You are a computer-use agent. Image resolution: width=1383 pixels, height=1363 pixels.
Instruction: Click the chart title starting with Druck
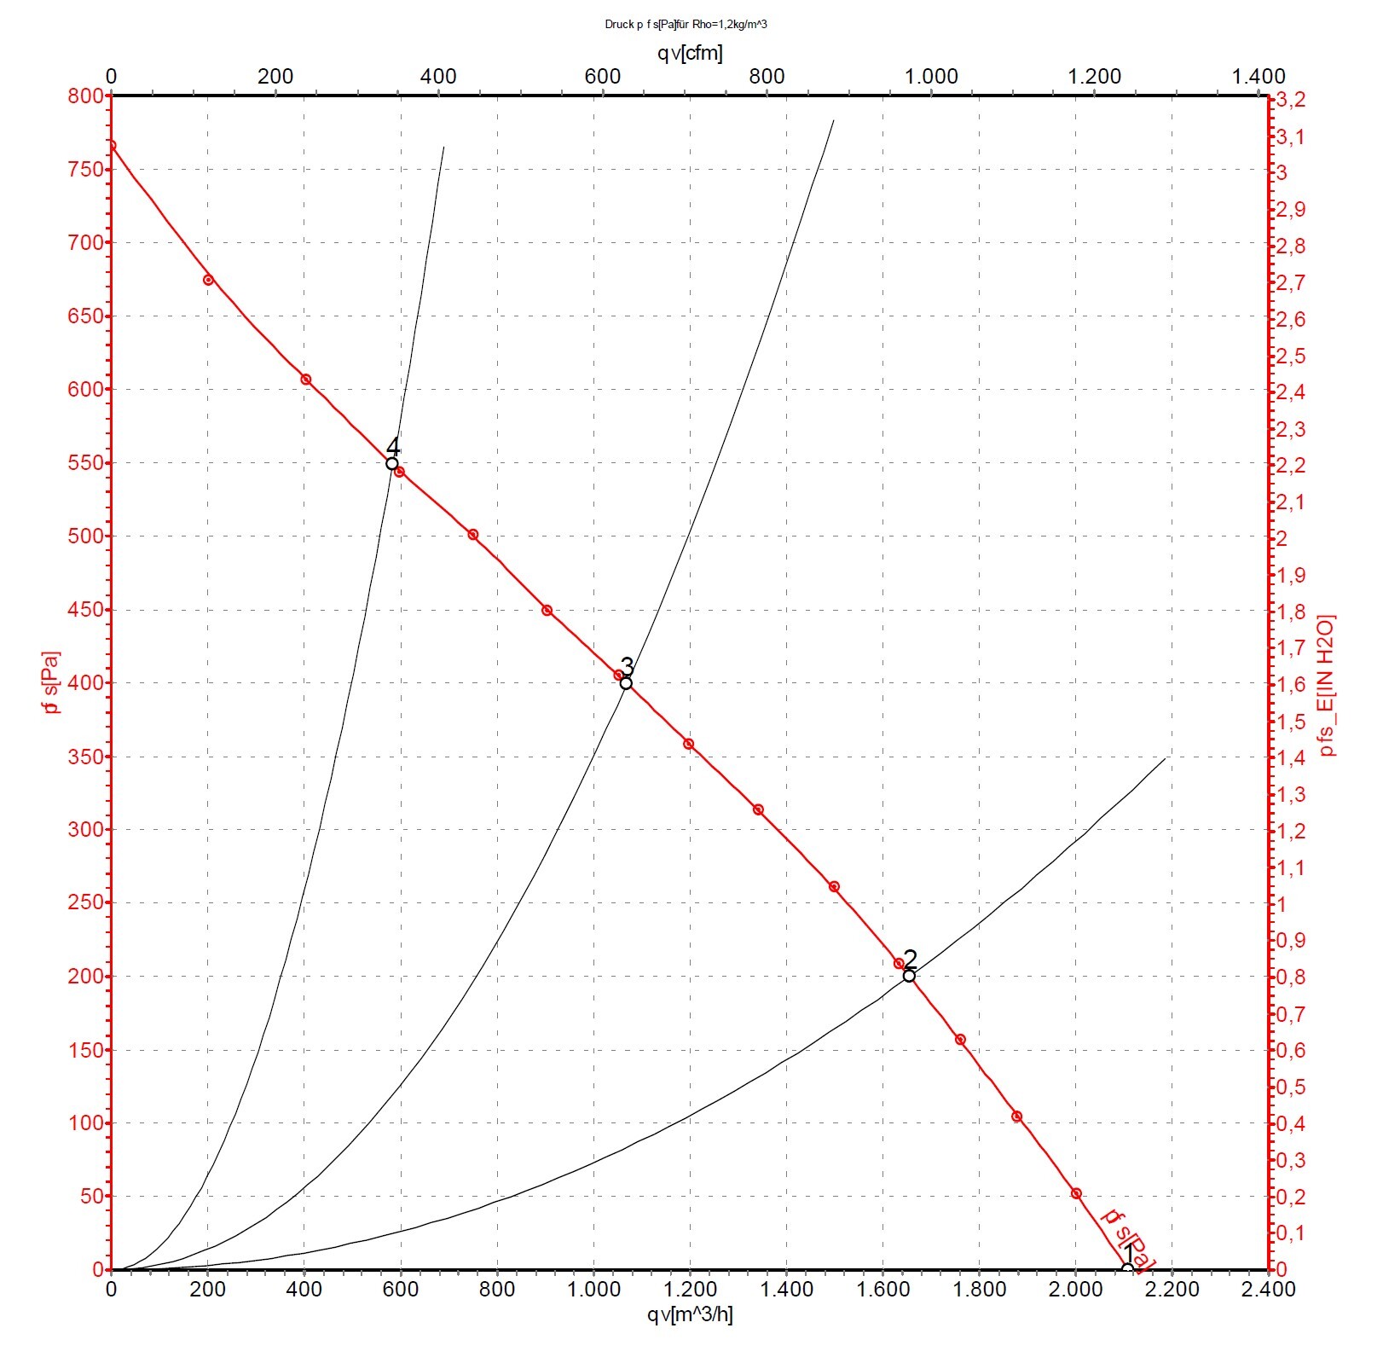(686, 25)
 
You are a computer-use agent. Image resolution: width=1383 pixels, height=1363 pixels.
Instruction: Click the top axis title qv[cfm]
(690, 53)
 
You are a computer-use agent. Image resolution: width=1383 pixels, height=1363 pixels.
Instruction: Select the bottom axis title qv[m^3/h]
(690, 1314)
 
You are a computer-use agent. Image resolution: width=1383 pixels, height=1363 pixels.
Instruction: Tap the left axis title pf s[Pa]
(52, 682)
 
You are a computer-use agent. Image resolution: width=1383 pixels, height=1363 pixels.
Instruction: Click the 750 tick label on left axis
(84, 169)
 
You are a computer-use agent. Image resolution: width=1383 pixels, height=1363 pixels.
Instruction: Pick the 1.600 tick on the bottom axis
(883, 1290)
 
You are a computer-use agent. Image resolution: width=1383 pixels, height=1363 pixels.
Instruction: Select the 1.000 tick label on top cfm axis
(931, 76)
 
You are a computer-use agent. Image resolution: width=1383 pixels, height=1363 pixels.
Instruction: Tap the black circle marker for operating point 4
(392, 463)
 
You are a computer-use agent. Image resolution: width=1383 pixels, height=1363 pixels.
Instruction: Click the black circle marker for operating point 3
(626, 683)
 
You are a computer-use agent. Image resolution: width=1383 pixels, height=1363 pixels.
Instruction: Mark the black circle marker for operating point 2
(909, 976)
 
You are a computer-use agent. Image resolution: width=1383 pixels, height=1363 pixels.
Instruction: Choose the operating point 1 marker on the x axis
(1127, 1268)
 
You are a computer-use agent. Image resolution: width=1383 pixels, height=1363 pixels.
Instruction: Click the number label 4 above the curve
(393, 447)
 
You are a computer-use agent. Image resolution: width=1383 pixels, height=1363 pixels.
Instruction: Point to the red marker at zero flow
(112, 145)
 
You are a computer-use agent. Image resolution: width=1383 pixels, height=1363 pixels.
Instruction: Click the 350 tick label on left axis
(84, 757)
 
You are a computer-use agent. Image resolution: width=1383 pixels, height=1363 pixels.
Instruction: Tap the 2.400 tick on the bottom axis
(1269, 1290)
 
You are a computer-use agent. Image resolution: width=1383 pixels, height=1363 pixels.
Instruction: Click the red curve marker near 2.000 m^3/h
(1076, 1193)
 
